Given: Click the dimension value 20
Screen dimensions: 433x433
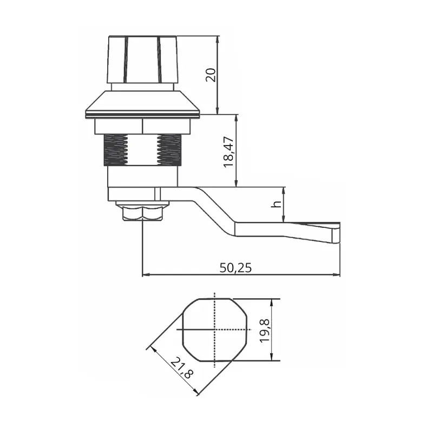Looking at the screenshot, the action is click(211, 75).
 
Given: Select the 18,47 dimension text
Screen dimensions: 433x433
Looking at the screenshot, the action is click(228, 152).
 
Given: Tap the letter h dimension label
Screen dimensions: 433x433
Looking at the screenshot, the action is click(276, 204).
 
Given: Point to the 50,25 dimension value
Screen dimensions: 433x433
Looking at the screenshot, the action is click(235, 267).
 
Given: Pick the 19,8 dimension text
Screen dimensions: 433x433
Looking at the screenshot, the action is click(265, 331).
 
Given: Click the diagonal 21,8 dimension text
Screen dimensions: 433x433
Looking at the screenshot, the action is click(182, 368).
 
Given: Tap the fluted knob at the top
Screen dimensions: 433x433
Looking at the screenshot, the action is click(142, 60).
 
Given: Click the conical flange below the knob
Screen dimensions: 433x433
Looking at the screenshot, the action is click(142, 104).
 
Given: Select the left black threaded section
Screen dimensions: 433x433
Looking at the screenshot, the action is click(116, 150).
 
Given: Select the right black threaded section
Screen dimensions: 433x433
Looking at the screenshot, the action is click(169, 150).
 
